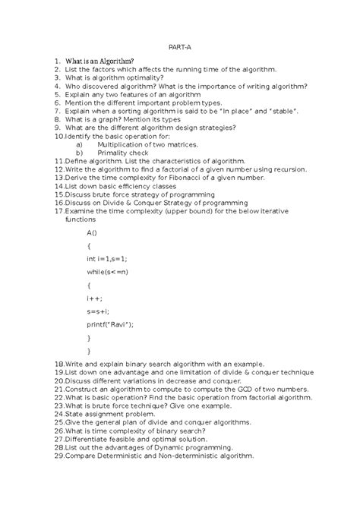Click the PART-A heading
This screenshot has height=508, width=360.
180,46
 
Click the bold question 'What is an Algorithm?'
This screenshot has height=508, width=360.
99,61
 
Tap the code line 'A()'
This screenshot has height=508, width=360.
92,232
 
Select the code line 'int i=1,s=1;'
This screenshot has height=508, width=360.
107,259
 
